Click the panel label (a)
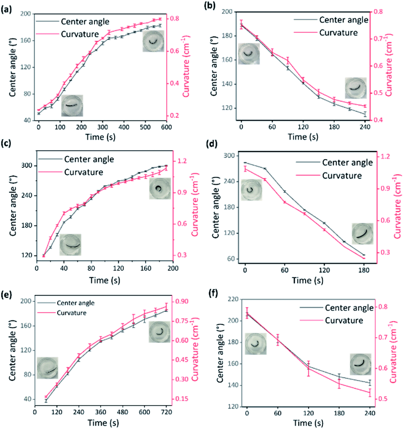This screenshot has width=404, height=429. click(x=7, y=10)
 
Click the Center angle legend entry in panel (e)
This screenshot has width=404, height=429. click(x=66, y=303)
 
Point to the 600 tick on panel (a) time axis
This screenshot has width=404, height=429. click(x=166, y=127)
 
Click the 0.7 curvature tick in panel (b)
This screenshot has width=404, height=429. click(x=378, y=38)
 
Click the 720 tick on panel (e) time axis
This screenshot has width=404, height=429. click(x=166, y=413)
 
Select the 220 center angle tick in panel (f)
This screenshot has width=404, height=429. click(x=233, y=299)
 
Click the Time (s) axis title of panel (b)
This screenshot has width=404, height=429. click(x=303, y=137)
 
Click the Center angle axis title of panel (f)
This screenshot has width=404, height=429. click(x=220, y=354)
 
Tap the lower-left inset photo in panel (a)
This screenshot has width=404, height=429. click(x=72, y=105)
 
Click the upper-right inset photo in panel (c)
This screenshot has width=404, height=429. click(x=160, y=189)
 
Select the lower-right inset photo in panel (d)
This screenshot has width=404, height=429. click(x=362, y=234)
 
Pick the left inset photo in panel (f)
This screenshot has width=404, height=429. click(x=256, y=344)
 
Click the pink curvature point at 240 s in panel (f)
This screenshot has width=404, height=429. click(x=370, y=392)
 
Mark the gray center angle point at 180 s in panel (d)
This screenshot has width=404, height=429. click(x=364, y=255)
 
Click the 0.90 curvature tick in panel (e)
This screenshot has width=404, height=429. click(x=182, y=301)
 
